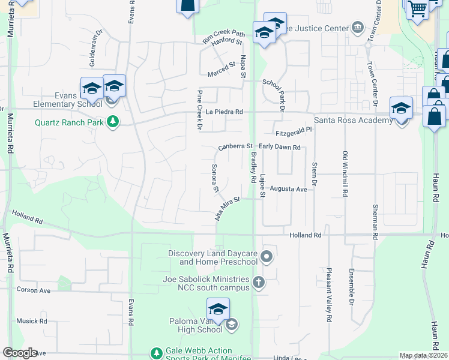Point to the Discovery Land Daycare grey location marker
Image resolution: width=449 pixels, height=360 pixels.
[268, 257]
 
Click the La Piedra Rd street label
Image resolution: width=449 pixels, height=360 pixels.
[224, 112]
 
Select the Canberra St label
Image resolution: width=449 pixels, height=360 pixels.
[235, 146]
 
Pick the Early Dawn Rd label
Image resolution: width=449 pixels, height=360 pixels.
[279, 146]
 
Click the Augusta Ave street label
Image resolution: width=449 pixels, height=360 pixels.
[288, 188]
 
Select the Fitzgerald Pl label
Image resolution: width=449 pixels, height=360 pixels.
[294, 130]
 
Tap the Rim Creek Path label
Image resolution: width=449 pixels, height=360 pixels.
[224, 36]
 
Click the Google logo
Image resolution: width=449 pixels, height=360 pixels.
[20, 353]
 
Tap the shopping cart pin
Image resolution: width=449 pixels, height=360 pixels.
[417, 9]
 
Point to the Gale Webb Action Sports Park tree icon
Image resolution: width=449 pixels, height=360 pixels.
[157, 353]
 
